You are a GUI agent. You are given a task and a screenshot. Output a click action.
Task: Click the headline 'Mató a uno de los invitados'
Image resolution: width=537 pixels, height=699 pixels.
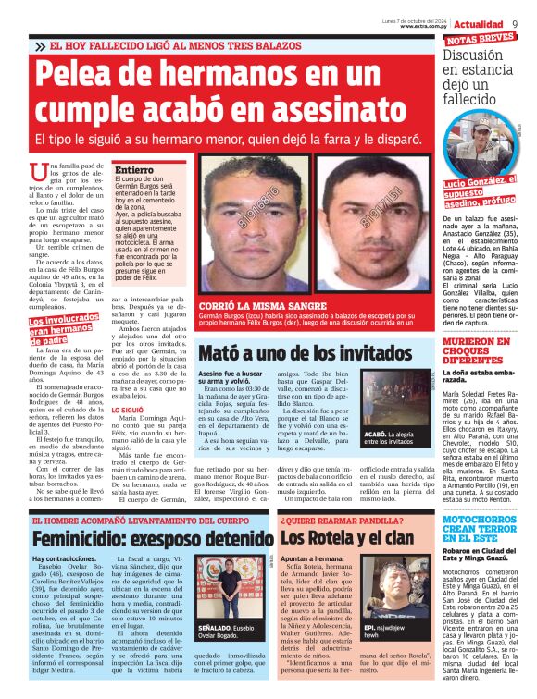coord(306,352)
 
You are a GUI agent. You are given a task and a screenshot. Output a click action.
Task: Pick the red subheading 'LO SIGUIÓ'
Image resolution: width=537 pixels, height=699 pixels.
coord(128,411)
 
